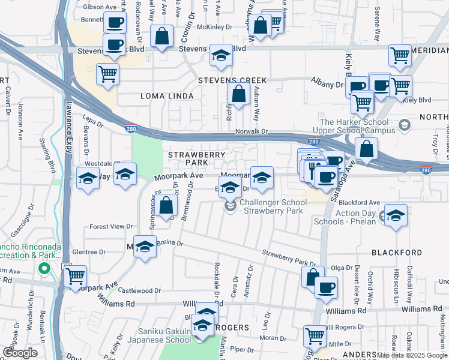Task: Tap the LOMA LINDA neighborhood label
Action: pos(167,96)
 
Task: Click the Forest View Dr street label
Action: pos(110,226)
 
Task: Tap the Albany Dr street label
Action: pos(327,85)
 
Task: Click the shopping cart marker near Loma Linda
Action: pos(108,74)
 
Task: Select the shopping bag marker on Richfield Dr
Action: pos(239,94)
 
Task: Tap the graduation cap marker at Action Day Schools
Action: pos(396,215)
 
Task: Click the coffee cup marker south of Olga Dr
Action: pos(327,287)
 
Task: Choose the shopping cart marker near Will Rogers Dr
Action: pos(315,337)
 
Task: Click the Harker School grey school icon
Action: pos(404,125)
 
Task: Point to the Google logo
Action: pos(20,353)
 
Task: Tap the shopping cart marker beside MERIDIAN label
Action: pos(400,56)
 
